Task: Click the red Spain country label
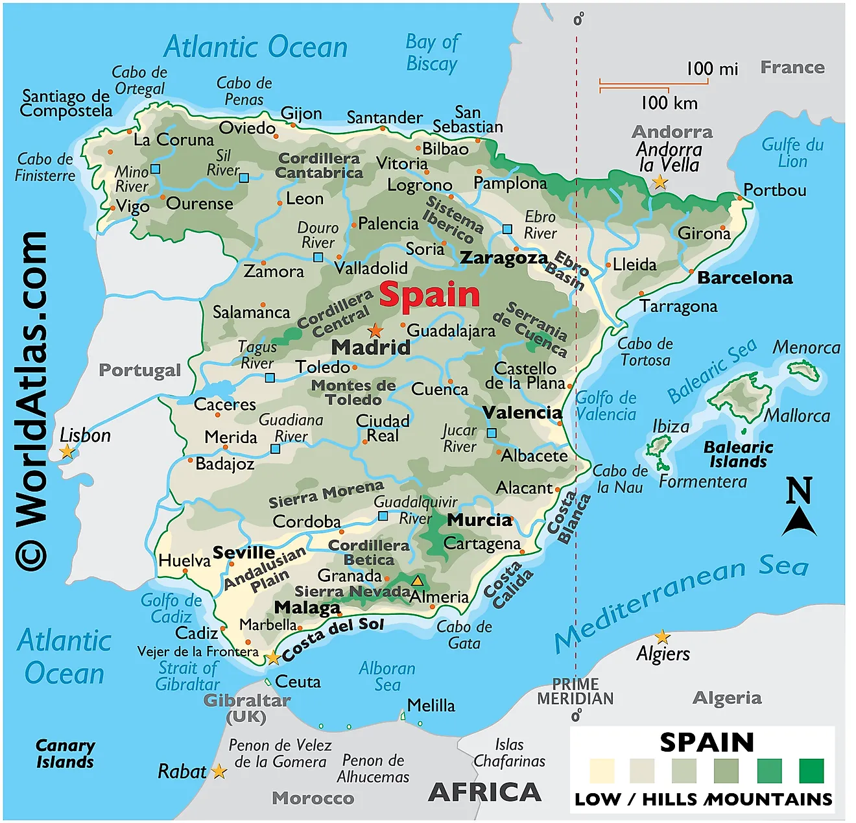click(429, 295)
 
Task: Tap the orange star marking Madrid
click(375, 331)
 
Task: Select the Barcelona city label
click(744, 278)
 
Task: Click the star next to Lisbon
click(67, 452)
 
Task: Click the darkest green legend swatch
click(811, 771)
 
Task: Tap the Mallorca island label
click(797, 416)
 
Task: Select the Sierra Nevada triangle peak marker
click(418, 580)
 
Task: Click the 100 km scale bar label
click(669, 103)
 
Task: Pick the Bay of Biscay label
click(432, 53)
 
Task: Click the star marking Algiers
click(661, 636)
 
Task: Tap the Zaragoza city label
click(504, 258)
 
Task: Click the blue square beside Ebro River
click(508, 229)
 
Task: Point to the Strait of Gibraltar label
click(187, 676)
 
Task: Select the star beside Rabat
click(219, 772)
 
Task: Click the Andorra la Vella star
click(660, 182)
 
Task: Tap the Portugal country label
click(139, 370)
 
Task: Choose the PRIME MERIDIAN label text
click(575, 691)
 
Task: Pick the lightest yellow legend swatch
click(601, 771)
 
